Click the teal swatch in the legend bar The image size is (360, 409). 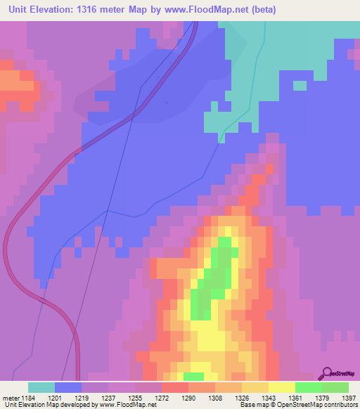point(41,387)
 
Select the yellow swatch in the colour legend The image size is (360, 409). point(281,387)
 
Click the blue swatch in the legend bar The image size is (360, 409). point(68,387)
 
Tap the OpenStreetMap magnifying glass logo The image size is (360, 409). point(326,374)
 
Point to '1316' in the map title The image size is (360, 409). point(96,10)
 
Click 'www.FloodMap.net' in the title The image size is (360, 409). point(208,10)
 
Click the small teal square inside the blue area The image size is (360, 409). point(300,86)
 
